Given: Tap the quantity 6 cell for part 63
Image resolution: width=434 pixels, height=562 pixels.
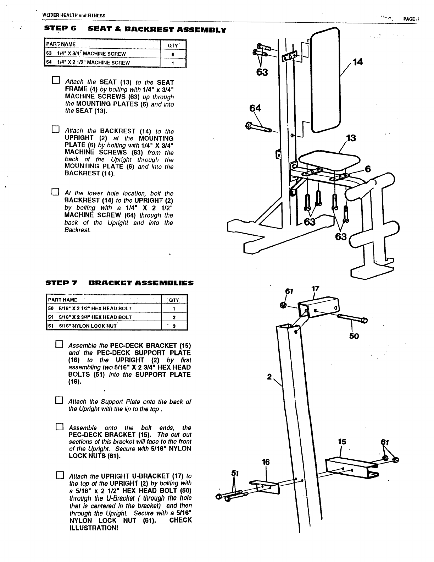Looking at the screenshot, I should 173,54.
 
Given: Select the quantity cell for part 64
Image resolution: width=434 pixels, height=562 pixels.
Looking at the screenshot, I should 173,63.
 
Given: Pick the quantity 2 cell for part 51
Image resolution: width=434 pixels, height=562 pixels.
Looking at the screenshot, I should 174,317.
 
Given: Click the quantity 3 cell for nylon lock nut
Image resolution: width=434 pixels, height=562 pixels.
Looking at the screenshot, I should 174,326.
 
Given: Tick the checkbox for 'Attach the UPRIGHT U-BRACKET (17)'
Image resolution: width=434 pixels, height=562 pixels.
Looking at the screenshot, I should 59,475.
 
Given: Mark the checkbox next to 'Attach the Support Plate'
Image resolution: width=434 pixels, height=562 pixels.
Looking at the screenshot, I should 59,401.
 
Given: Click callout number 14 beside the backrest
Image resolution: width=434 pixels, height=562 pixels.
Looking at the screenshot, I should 358,62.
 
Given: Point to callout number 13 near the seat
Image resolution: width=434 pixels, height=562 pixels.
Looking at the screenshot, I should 351,138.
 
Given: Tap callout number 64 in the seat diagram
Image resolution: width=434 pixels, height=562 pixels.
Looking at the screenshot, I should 255,108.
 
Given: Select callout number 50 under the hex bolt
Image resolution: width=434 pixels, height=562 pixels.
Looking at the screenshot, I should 354,336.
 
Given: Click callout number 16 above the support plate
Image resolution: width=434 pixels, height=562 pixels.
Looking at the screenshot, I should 266,462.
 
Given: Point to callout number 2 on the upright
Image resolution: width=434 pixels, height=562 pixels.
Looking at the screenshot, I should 269,377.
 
